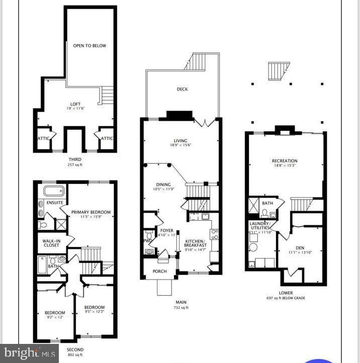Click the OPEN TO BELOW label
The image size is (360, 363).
(89, 46)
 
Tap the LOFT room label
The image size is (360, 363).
(75, 104)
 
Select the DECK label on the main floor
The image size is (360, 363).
(182, 89)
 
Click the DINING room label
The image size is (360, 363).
(163, 185)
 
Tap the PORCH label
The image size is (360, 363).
(159, 271)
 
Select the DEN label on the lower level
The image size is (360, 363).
(300, 247)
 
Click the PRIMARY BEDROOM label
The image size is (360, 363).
(91, 212)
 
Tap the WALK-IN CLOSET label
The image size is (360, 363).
(51, 243)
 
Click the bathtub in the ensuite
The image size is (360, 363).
(54, 191)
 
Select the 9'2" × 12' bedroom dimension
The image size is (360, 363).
(55, 318)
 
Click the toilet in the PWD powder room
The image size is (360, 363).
(149, 235)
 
